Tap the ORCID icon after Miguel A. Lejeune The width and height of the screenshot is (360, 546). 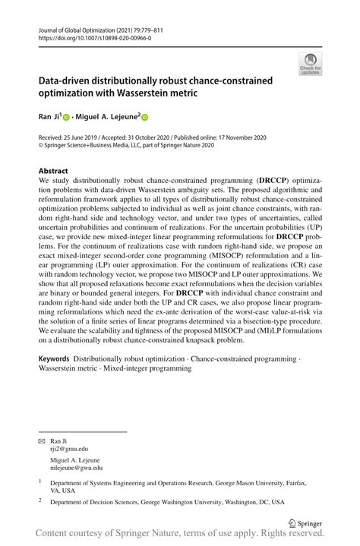pos(145,118)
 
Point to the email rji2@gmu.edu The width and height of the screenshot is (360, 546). pos(70,448)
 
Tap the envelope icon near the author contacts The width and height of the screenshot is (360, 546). pos(42,440)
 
